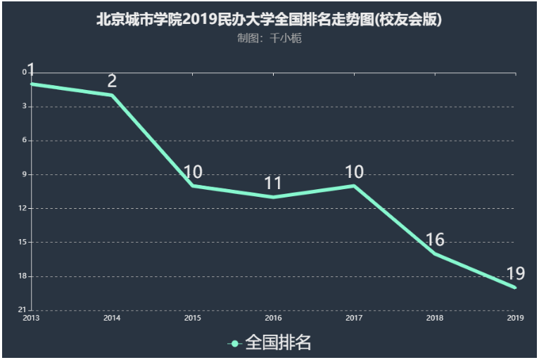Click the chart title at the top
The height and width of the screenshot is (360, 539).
click(269, 19)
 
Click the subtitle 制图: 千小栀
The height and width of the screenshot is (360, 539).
click(269, 39)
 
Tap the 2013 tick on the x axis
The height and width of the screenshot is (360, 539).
click(30, 319)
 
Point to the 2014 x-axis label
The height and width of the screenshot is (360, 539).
click(111, 319)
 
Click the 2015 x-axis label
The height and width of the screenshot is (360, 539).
click(192, 319)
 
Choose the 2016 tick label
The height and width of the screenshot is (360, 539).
click(273, 319)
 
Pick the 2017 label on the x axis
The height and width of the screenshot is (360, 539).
click(354, 319)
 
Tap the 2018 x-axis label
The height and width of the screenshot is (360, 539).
click(435, 319)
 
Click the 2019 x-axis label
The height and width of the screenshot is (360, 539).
click(515, 319)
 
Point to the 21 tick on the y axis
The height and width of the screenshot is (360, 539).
click(22, 310)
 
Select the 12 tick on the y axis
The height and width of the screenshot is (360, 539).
click(22, 208)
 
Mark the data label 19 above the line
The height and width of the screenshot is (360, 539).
click(515, 274)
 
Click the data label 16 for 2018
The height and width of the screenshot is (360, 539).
click(435, 240)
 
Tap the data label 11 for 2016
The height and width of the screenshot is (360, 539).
click(273, 184)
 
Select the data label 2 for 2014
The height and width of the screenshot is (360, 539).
click(112, 81)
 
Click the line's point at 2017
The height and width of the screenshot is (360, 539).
click(354, 186)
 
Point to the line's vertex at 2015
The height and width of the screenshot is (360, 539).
click(192, 186)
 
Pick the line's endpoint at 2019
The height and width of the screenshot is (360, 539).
click(515, 288)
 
